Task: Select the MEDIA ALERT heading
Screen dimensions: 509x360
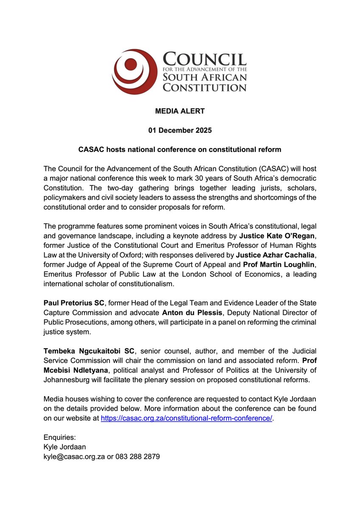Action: (x=180, y=111)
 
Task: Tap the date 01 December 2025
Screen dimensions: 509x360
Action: (x=180, y=130)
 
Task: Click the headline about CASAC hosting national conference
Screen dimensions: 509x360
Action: (x=180, y=150)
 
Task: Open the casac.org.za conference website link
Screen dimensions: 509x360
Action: (x=186, y=418)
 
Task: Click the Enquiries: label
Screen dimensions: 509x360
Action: (x=59, y=437)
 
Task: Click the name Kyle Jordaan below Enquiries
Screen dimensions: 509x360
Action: (x=65, y=447)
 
